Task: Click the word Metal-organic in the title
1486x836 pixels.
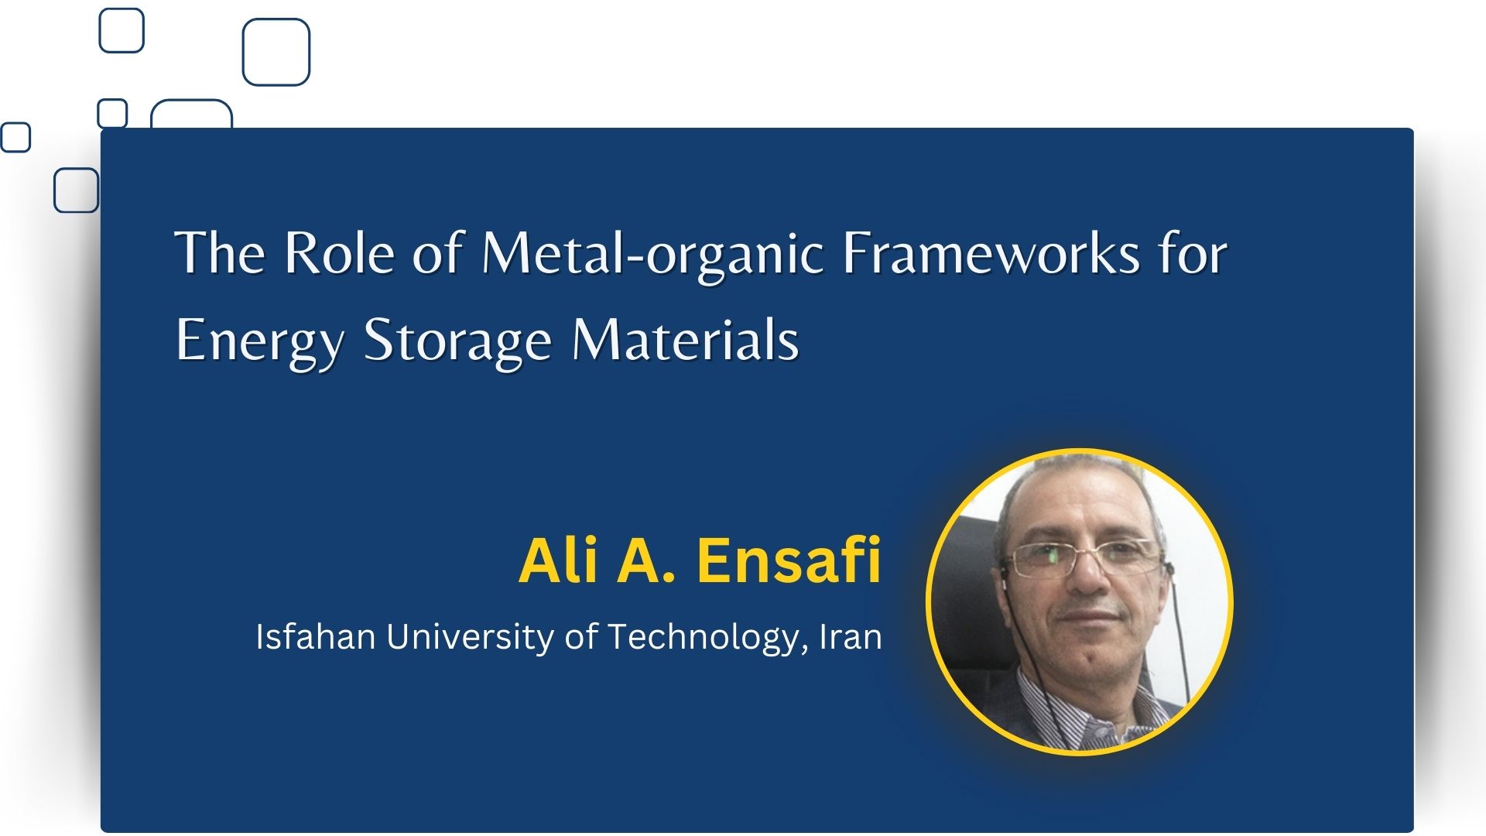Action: click(652, 254)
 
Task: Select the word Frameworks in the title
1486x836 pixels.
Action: click(991, 252)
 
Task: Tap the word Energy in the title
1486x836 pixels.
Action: click(259, 341)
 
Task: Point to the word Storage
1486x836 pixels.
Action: click(457, 341)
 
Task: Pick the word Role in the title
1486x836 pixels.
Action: click(339, 253)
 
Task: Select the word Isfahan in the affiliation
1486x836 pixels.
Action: click(316, 636)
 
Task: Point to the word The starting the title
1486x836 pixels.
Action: click(221, 253)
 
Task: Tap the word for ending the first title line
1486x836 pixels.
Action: click(1193, 252)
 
